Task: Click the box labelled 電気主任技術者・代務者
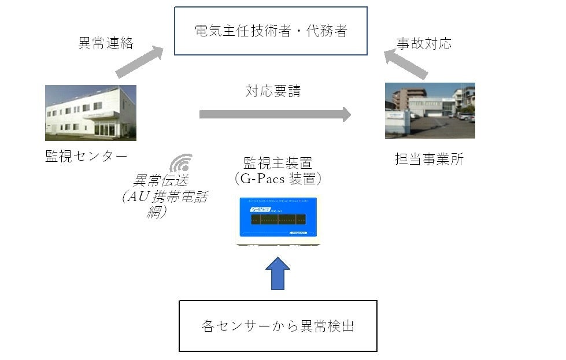[271, 31]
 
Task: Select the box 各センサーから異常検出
[278, 325]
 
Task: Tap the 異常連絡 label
[106, 43]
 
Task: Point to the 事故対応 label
[424, 43]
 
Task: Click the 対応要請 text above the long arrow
[273, 91]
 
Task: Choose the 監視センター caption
[86, 156]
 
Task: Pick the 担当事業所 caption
[429, 159]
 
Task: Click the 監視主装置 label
[278, 162]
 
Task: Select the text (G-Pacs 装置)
[278, 179]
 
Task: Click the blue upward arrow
[278, 273]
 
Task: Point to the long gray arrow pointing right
[275, 114]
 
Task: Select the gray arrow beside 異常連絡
[140, 61]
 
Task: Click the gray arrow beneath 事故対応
[406, 63]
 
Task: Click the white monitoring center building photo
[91, 113]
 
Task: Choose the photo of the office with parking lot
[430, 110]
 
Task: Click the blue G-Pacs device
[278, 220]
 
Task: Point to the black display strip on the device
[278, 220]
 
